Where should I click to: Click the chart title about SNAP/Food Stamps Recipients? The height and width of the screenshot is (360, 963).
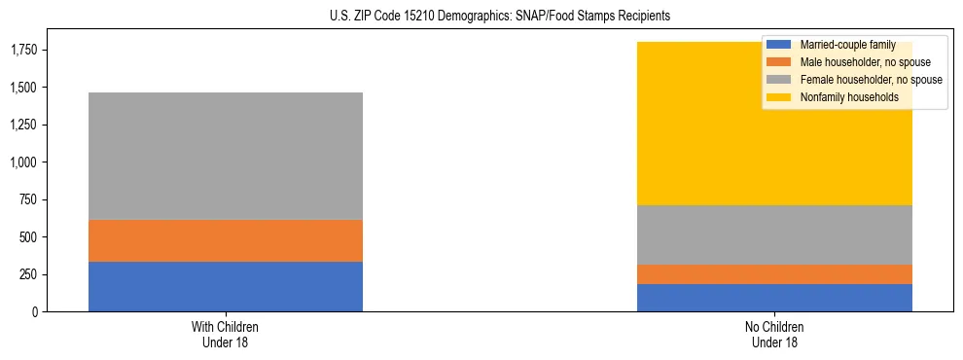pos(481,17)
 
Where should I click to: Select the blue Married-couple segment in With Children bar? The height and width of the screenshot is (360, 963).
pos(226,286)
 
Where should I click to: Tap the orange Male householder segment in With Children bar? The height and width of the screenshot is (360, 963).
pos(226,240)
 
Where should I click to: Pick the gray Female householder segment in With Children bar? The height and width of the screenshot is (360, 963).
pos(226,156)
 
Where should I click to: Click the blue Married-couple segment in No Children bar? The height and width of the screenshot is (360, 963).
pos(774,298)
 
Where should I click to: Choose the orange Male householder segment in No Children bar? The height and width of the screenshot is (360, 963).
pos(774,274)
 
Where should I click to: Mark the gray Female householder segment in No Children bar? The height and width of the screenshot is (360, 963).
pos(774,234)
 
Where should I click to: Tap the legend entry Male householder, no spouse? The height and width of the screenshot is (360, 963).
pos(856,62)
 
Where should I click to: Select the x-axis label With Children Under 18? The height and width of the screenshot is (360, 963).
pos(226,335)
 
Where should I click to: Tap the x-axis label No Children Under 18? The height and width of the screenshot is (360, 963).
pos(774,335)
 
